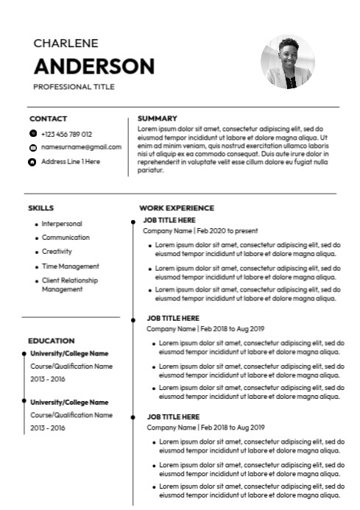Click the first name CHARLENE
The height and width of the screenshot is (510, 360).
pos(66,43)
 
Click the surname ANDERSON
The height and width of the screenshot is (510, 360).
pos(94,66)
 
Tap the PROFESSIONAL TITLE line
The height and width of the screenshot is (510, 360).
pos(74,87)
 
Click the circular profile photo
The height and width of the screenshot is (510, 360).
pos(288,62)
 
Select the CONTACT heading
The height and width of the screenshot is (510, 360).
pos(48,118)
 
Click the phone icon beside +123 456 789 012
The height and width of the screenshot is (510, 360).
pos(32,134)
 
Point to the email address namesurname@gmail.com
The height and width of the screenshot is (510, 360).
pos(81,147)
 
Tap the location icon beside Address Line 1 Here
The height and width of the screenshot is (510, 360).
pos(32,161)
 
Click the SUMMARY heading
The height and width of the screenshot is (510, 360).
pos(157,118)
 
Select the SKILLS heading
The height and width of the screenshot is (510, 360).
pos(40,208)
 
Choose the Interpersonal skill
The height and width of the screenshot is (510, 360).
pos(62,224)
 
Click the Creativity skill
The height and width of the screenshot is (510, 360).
pos(57,252)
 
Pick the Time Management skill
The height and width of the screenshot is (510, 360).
pos(70,266)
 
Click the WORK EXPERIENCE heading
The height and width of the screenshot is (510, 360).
pos(177,208)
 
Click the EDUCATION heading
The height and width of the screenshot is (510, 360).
pos(51,341)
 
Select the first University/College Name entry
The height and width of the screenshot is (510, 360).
pos(69,354)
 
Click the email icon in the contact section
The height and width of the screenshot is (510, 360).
pos(32,148)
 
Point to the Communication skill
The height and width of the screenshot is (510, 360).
pos(66,238)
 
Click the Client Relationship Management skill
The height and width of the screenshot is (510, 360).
pos(69,285)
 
